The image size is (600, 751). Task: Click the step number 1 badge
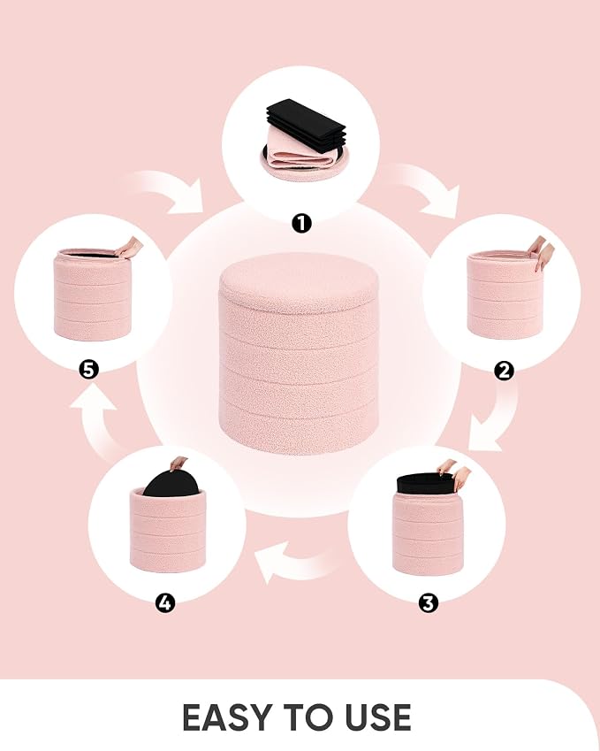301,223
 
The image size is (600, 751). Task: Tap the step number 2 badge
504,371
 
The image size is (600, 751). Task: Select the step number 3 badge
429,602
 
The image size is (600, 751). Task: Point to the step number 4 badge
165,602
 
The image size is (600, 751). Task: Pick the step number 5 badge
89,370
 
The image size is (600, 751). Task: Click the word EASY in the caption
228,717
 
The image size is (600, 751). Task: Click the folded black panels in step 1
307,123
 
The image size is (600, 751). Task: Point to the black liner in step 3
425,484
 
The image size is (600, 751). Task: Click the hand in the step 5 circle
129,248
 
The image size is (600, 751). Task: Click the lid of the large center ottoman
299,282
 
